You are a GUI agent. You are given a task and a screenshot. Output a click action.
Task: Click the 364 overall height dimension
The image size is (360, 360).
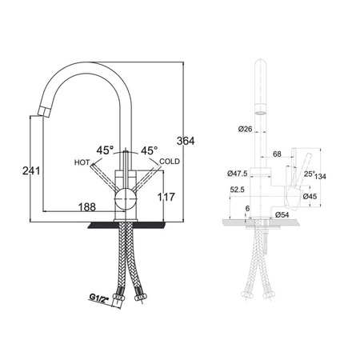point(186,141)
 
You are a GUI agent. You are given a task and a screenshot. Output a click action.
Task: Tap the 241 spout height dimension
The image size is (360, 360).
point(31,170)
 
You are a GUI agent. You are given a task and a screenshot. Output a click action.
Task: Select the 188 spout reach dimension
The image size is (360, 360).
point(87,206)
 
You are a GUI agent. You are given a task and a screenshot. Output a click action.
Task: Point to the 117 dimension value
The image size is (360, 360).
point(166,197)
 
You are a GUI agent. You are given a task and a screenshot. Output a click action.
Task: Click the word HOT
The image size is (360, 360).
point(82,162)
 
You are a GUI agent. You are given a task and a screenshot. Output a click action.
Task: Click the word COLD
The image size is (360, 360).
point(170,162)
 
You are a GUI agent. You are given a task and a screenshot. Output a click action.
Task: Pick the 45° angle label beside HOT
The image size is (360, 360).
point(105,150)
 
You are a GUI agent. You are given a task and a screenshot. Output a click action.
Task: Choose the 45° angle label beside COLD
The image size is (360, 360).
point(150,150)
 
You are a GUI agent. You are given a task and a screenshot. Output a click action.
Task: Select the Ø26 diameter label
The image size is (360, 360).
point(245,129)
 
